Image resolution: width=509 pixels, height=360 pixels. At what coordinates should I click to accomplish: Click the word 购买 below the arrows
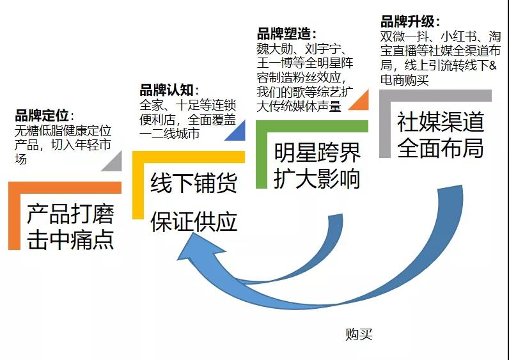tap(358, 334)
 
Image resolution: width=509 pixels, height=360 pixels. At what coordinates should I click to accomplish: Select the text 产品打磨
tap(70, 214)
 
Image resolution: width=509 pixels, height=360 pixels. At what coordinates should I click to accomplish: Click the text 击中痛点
tap(70, 239)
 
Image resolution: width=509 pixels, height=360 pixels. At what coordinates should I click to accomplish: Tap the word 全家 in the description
tap(151, 105)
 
